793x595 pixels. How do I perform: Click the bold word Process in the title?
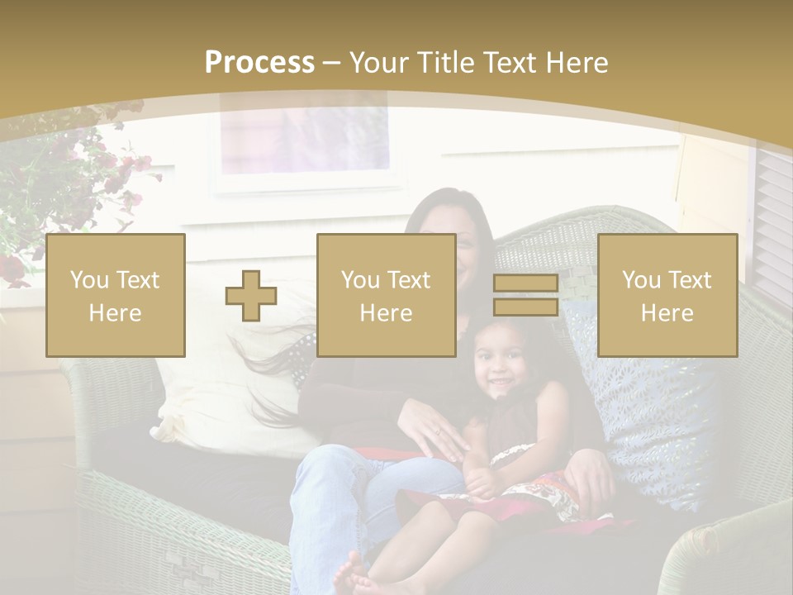259,62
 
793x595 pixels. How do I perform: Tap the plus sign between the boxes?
251,295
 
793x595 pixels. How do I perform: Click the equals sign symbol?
525,295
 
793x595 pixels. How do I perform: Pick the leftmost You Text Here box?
116,295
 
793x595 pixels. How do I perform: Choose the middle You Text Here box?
387,295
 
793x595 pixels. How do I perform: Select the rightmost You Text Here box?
667,295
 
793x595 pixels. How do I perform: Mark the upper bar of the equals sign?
525,283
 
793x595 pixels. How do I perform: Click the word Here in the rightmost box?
667,312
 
